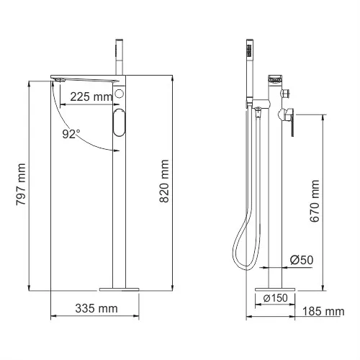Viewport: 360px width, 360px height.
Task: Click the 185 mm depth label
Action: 323,311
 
